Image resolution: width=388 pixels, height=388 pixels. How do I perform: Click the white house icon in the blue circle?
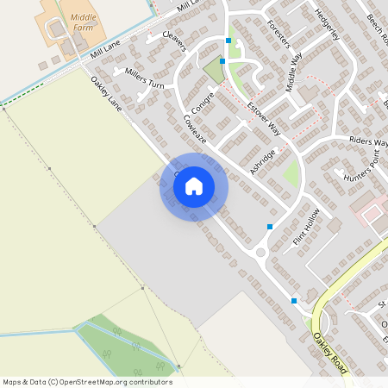[x=194, y=185]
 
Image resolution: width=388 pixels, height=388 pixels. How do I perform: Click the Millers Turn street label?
[x=144, y=78]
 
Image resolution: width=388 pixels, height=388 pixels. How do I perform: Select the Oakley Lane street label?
[x=107, y=94]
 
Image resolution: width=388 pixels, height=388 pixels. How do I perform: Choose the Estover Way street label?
[x=264, y=118]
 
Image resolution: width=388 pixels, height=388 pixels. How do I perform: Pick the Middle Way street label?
[x=294, y=70]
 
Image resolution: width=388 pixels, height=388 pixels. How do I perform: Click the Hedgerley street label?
[x=329, y=25]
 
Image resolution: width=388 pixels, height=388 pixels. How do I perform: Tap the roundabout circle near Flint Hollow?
[x=261, y=253]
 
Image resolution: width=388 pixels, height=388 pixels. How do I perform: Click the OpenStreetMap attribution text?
[x=87, y=381]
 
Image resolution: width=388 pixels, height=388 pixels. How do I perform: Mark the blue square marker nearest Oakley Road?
[x=294, y=300]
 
